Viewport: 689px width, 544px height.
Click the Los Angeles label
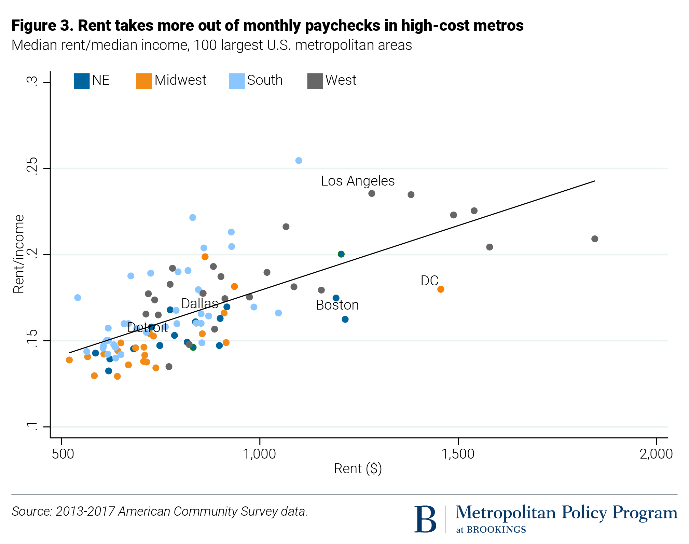click(x=357, y=181)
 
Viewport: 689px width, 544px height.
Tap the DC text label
click(x=429, y=281)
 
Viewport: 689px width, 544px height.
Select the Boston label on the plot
click(x=337, y=305)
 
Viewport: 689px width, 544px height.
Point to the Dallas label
click(x=199, y=303)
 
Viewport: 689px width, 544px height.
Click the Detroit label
click(x=148, y=328)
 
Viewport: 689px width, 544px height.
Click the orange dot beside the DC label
click(x=441, y=289)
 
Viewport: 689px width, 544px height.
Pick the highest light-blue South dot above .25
click(x=299, y=161)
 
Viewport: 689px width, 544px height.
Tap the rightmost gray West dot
click(x=595, y=239)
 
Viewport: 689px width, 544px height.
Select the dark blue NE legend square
click(x=82, y=81)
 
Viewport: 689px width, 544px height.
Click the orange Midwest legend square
click(x=144, y=81)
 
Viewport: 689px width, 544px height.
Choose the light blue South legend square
click(x=237, y=81)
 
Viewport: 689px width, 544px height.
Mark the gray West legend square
click(x=315, y=81)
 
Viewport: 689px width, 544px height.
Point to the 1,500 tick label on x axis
click(x=458, y=454)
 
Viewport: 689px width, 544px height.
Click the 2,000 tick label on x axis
click(x=656, y=454)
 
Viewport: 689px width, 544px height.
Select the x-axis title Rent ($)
click(x=358, y=469)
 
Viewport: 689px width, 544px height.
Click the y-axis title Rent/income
click(x=19, y=254)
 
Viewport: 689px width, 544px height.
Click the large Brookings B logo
click(x=425, y=519)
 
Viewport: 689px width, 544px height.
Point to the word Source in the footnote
click(x=31, y=512)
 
